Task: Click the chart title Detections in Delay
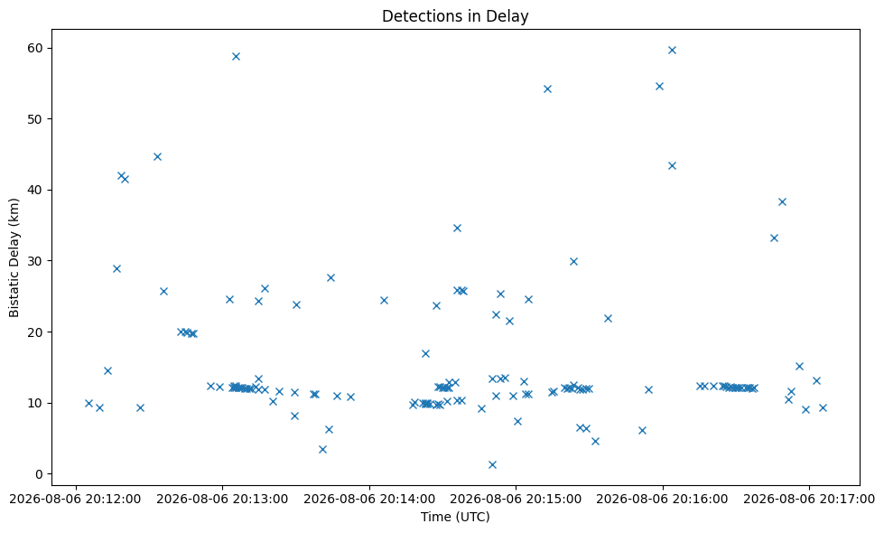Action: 455,15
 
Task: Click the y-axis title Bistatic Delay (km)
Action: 14,257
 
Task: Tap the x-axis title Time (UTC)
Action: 455,517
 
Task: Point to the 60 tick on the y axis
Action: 36,48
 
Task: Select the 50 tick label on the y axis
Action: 36,119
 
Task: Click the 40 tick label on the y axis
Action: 36,190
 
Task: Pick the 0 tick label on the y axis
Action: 40,473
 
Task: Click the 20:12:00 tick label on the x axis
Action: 76,500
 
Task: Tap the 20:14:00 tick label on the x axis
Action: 369,500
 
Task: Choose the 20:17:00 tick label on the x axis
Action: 808,500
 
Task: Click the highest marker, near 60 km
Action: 672,51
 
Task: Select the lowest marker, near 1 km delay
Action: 492,464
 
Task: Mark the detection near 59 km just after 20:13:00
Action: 237,56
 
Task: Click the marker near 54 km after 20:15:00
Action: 547,89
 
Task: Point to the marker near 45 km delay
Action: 158,157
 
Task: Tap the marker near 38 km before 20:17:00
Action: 782,202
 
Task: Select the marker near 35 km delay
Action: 457,229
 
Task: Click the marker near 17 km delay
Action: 425,353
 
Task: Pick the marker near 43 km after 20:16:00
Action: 672,166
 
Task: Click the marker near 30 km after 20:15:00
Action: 574,262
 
